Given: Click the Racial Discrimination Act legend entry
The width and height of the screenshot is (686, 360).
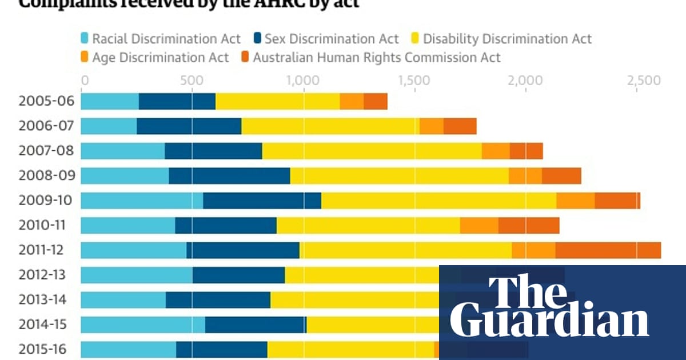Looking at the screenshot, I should click(160, 39).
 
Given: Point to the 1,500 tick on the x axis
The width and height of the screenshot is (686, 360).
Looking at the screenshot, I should click(413, 81).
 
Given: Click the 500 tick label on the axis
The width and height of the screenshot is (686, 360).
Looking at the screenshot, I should click(192, 81).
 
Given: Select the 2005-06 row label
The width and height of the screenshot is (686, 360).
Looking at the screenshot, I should click(46, 101).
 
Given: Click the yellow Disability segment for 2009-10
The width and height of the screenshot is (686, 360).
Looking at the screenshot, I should click(438, 201).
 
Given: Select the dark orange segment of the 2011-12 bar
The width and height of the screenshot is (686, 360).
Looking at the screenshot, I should click(608, 250).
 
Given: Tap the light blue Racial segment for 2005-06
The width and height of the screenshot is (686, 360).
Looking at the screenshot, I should click(110, 101).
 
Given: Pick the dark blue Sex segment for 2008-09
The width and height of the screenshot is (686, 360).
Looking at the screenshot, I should click(229, 176).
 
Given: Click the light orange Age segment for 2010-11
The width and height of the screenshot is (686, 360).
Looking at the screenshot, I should click(479, 226).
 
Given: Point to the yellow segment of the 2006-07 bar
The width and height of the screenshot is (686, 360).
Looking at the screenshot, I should click(330, 126).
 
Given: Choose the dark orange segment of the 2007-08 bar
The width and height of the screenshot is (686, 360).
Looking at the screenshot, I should click(526, 151).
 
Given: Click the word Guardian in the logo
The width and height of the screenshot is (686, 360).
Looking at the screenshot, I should click(549, 321).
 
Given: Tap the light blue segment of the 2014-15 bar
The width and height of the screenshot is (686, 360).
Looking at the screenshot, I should click(143, 325).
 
